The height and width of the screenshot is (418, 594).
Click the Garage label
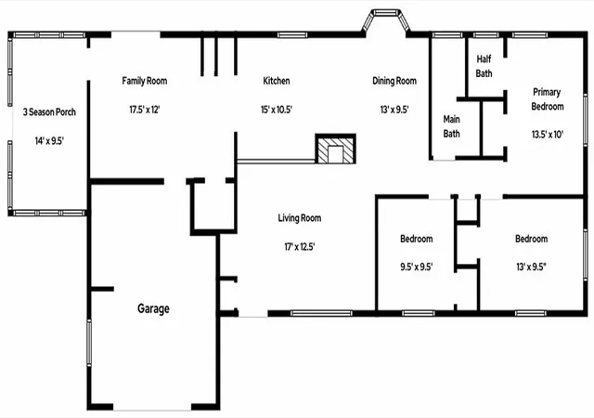click(153, 308)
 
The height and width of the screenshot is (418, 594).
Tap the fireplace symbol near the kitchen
click(336, 149)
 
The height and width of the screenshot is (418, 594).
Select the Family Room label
click(145, 81)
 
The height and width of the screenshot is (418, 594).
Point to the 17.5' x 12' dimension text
click(145, 110)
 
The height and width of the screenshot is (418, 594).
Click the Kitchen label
click(277, 81)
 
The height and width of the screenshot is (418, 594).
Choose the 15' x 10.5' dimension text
click(277, 110)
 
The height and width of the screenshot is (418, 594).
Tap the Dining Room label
click(394, 81)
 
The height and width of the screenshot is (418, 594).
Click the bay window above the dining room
click(386, 20)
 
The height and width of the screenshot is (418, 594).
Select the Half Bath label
click(484, 66)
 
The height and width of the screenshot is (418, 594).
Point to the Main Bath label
click(452, 126)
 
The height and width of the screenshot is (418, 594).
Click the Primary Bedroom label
click(547, 99)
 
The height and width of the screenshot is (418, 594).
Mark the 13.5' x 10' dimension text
click(548, 135)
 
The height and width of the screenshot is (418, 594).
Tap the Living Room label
click(300, 218)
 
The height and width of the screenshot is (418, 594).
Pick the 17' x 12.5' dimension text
click(300, 247)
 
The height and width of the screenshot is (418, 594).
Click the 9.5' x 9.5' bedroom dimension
click(417, 267)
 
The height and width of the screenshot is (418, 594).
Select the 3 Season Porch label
click(49, 111)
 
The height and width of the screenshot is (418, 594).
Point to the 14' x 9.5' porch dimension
click(49, 141)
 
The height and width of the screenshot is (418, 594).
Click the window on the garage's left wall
click(89, 343)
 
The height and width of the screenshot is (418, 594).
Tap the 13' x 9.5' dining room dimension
click(394, 110)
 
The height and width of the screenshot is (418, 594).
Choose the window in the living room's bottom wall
click(321, 313)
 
